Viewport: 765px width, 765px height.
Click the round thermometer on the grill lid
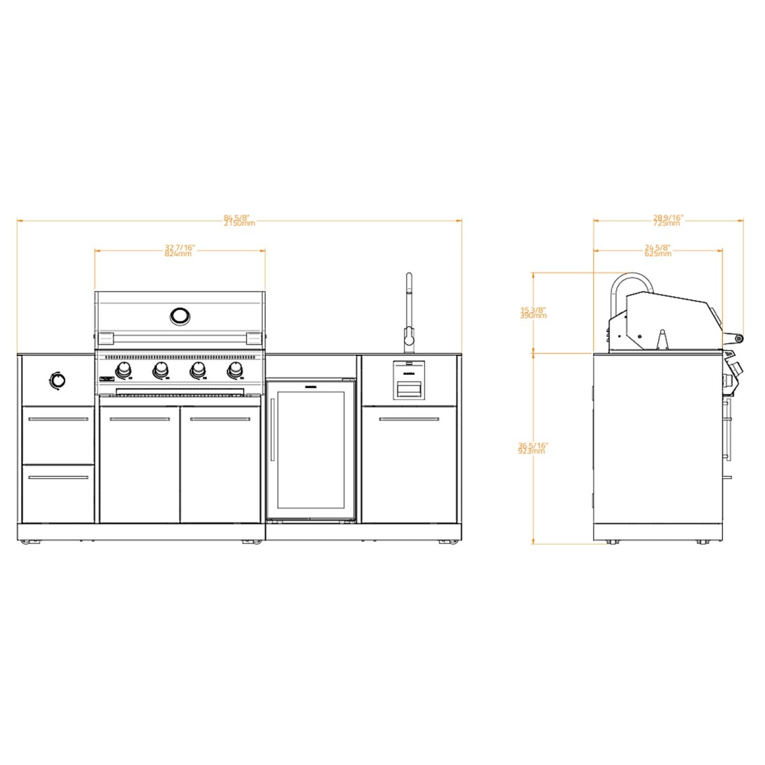(180, 315)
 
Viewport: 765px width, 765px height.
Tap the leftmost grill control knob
(124, 370)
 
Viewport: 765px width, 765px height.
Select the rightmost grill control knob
(235, 370)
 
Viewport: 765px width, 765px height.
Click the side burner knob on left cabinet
(57, 381)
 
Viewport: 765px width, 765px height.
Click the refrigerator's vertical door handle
(272, 430)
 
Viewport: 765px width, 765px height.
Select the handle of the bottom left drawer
(58, 477)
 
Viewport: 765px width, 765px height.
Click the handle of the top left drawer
(58, 419)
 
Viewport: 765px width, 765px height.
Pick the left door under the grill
(140, 465)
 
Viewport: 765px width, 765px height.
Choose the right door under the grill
(221, 465)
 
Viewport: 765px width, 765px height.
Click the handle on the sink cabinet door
(409, 419)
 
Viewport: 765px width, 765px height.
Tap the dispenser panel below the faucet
(408, 380)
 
